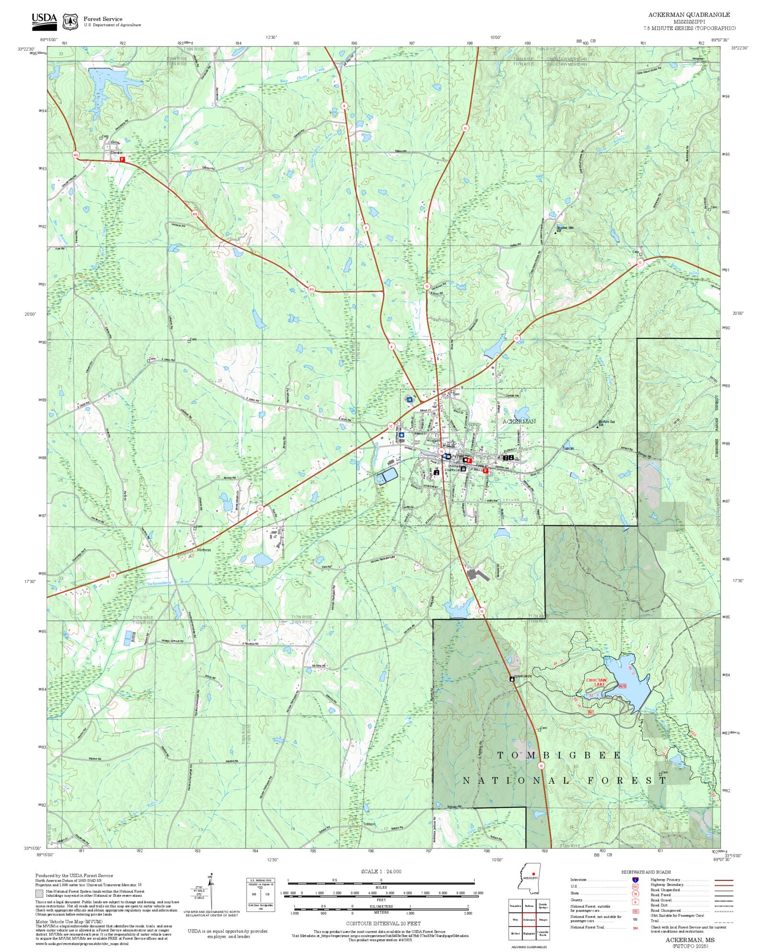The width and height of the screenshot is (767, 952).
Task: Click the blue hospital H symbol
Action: [x=409, y=399]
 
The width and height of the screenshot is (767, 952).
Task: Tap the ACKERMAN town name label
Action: [x=519, y=421]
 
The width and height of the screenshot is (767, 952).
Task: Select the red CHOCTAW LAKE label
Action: [x=596, y=682]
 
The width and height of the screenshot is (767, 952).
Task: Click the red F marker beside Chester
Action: [x=122, y=159]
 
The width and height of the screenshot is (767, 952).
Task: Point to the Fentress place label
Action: [x=204, y=550]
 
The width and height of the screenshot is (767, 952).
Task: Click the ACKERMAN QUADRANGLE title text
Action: [x=689, y=15]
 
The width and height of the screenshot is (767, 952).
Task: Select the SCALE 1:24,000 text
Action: [x=381, y=871]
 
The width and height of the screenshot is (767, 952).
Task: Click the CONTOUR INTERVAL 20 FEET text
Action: [x=383, y=923]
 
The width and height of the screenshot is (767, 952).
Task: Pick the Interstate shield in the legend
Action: [x=635, y=880]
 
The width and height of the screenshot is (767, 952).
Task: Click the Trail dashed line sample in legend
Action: [x=724, y=921]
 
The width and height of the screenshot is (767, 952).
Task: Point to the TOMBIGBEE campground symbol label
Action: [x=523, y=676]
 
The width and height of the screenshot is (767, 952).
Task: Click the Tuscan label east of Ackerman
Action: [x=568, y=448]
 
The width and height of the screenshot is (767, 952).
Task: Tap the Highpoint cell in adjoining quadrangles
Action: [x=529, y=933]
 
